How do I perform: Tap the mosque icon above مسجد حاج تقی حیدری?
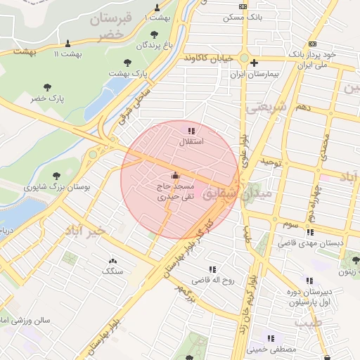point(175,176)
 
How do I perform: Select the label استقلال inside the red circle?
point(191,141)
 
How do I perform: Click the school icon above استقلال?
point(191,130)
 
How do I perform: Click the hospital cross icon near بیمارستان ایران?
point(254,63)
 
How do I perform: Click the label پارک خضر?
point(47,99)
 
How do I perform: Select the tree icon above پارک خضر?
point(47,88)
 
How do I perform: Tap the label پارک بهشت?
point(127,73)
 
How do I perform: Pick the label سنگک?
point(112,271)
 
